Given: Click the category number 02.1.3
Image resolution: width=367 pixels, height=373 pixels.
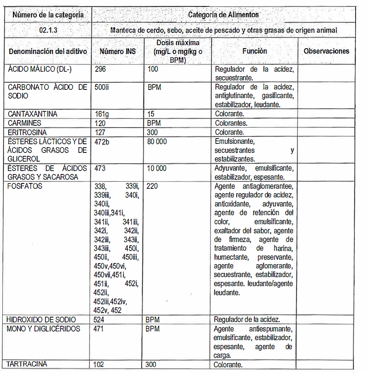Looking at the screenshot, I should [x=48, y=30].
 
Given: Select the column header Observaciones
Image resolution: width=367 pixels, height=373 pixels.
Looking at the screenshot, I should [x=327, y=51].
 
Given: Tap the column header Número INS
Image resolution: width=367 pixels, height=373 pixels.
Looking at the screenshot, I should [x=118, y=51].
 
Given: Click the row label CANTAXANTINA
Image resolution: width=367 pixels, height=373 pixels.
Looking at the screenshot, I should [x=33, y=114].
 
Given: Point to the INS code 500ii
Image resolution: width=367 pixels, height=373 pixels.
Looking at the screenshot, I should [x=102, y=88].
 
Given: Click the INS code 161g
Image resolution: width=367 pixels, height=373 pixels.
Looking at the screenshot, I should [x=101, y=114].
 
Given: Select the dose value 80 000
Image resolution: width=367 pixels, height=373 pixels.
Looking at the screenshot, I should [x=157, y=142].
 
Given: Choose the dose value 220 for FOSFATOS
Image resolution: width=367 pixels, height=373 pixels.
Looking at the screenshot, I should [x=152, y=186].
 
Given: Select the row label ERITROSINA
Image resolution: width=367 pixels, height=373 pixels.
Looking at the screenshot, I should [x=27, y=133].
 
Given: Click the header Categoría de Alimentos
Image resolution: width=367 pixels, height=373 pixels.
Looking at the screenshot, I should [x=223, y=15].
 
